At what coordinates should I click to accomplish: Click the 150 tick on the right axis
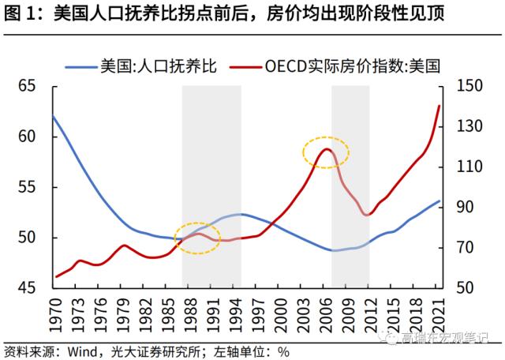469,86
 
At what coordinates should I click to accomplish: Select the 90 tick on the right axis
466,207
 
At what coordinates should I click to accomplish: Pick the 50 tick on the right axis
466,288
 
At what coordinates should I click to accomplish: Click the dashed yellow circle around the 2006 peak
327,152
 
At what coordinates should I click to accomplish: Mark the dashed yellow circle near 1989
197,238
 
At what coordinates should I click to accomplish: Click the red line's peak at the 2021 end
440,106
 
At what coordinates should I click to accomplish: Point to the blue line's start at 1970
53,117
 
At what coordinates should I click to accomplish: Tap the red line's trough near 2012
368,215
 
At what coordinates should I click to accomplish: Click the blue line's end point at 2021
440,201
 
